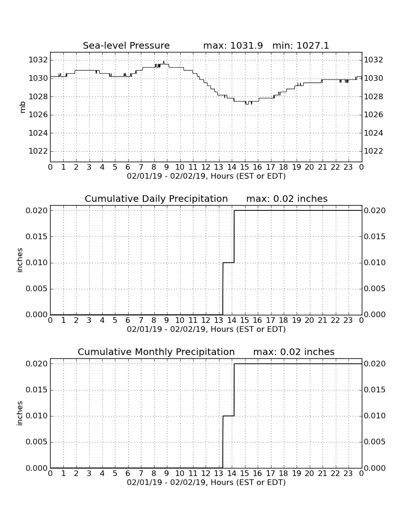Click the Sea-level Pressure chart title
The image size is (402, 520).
tap(126, 46)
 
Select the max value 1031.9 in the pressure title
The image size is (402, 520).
tap(246, 46)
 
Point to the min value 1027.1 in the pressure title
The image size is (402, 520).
tap(313, 46)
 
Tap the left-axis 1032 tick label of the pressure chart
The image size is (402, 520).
tap(38, 60)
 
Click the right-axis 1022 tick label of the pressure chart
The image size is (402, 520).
tap(374, 151)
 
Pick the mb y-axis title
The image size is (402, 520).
tap(23, 107)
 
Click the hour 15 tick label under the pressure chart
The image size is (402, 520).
tap(245, 167)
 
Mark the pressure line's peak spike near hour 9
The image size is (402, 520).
tap(164, 62)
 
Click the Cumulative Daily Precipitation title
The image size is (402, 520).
tap(156, 199)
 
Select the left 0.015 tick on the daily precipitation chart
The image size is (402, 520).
tap(37, 237)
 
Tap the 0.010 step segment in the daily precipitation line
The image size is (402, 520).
tap(228, 263)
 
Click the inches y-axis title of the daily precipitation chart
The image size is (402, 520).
tap(19, 260)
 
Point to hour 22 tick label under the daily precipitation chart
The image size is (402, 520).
tap(335, 321)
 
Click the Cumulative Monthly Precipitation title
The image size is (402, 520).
tap(156, 352)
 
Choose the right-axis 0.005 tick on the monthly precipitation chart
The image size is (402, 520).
tap(375, 442)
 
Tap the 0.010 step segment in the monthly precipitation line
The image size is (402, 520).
tap(228, 416)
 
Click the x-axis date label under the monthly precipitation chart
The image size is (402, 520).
tap(206, 483)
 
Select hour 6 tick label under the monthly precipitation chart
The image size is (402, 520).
tap(128, 474)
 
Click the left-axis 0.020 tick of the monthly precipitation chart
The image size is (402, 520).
tap(37, 364)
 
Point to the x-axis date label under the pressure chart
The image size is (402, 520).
tap(206, 176)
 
